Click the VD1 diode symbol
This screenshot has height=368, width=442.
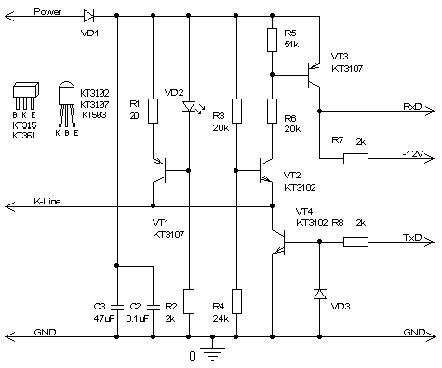click(88, 16)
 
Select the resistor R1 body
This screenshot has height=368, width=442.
click(153, 111)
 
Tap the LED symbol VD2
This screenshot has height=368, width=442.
click(190, 107)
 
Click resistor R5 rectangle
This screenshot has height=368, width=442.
click(272, 40)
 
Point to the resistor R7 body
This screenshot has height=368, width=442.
click(355, 159)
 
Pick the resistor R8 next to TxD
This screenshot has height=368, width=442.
click(355, 242)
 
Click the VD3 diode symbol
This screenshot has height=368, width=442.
click(320, 294)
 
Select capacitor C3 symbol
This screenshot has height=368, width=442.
click(117, 307)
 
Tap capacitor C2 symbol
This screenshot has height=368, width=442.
click(153, 307)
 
